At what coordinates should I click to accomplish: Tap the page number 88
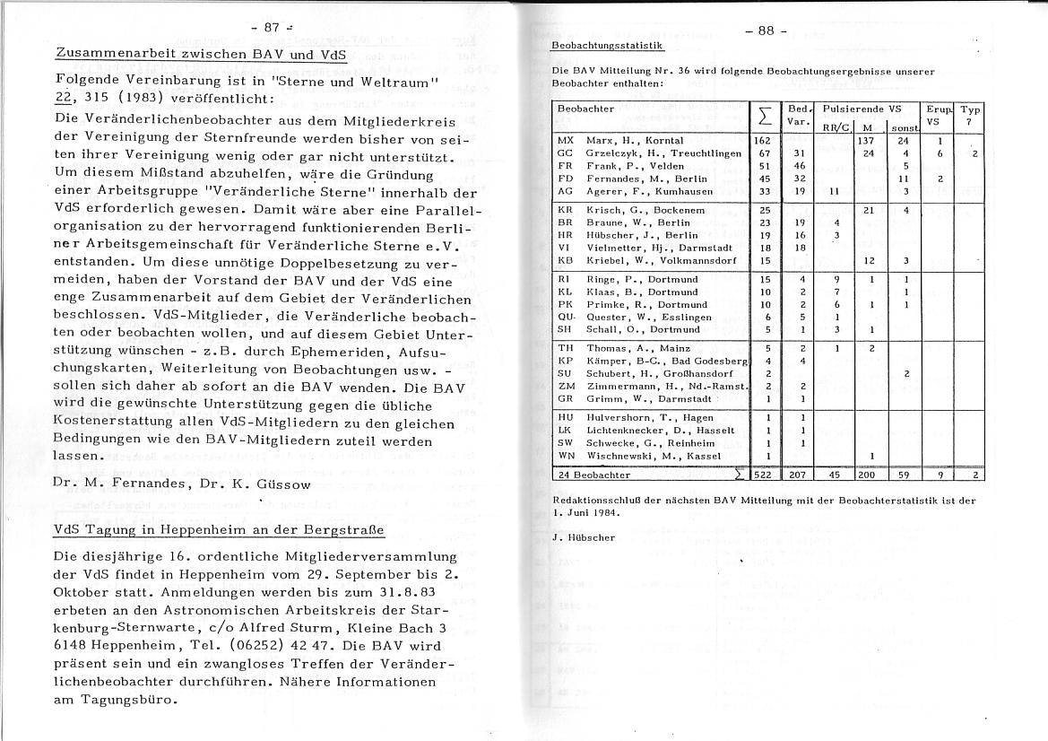[766, 30]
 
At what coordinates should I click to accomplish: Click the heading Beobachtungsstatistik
[607, 45]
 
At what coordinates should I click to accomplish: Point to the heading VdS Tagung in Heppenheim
[220, 529]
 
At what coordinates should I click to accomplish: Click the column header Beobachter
[585, 109]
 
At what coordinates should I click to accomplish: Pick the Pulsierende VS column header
[856, 109]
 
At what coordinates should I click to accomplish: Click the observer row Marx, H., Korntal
[635, 141]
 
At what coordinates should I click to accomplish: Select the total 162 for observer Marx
[763, 141]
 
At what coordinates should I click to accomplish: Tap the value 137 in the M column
[865, 141]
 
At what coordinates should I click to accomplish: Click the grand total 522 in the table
[763, 475]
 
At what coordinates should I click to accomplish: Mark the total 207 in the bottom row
[799, 475]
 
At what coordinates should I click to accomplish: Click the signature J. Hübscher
[584, 537]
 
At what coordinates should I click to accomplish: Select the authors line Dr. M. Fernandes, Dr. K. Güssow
[183, 485]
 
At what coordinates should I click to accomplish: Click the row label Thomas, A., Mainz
[627, 347]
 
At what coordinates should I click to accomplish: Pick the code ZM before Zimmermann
[566, 385]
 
